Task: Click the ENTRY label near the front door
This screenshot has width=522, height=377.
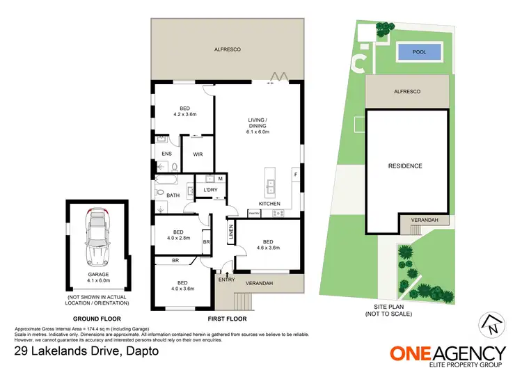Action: (226, 280)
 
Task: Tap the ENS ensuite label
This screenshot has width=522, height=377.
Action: (166, 154)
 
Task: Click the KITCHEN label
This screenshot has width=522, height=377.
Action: (269, 204)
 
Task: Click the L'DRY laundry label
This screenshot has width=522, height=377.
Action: (210, 190)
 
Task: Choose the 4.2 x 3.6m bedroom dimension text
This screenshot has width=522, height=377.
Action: (184, 115)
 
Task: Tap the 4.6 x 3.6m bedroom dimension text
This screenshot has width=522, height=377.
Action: (268, 247)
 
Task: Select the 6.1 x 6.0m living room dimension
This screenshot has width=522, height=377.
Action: (258, 131)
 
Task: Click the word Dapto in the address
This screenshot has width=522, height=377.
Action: (139, 351)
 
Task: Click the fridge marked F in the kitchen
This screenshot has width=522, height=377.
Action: (296, 174)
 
